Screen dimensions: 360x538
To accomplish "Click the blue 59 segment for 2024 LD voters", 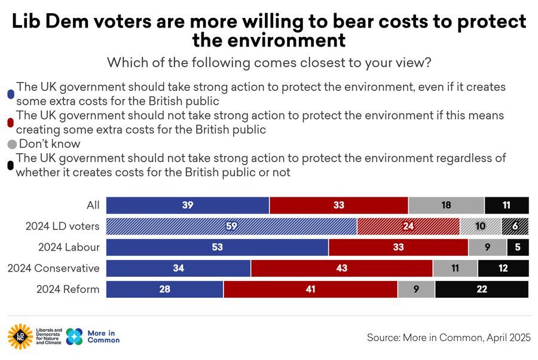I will pyautogui.click(x=231, y=226).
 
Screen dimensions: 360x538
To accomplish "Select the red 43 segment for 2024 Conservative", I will pyautogui.click(x=341, y=268).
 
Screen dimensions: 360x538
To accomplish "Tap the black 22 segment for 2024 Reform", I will pyautogui.click(x=482, y=289).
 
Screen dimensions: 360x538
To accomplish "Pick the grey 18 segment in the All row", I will pyautogui.click(x=446, y=205).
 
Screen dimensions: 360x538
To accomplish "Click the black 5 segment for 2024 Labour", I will pyautogui.click(x=518, y=247).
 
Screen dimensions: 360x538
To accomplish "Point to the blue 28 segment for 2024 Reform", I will pyautogui.click(x=164, y=289).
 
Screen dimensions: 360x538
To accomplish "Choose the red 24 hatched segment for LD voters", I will pyautogui.click(x=408, y=226).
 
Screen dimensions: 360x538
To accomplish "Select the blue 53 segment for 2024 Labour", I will pyautogui.click(x=217, y=247).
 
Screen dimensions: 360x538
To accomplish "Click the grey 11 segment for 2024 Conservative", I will pyautogui.click(x=455, y=268).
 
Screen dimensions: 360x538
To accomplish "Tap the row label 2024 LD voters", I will pyautogui.click(x=62, y=227).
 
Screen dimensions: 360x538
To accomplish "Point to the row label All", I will pyautogui.click(x=93, y=205).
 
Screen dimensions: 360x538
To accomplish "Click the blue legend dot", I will pyautogui.click(x=10, y=94).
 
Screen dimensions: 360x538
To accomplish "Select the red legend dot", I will pyautogui.click(x=10, y=122).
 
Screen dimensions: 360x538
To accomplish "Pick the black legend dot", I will pyautogui.click(x=10, y=166).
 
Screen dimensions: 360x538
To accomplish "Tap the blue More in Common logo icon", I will pyautogui.click(x=74, y=337).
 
